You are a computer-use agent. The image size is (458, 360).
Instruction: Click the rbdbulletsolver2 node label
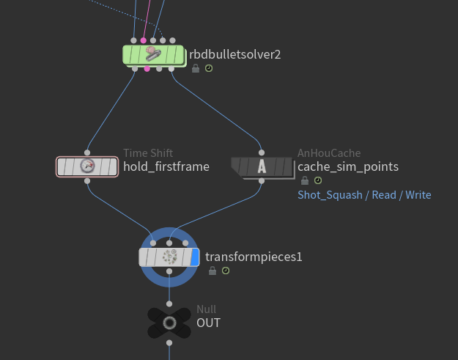click(235, 54)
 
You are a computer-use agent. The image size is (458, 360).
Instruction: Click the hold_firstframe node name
click(166, 166)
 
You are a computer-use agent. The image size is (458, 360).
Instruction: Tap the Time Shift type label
click(148, 153)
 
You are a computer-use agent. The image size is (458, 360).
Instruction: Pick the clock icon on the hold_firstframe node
click(88, 166)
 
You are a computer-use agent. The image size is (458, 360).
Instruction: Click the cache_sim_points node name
click(348, 166)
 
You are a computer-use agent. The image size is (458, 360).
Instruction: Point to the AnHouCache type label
click(329, 153)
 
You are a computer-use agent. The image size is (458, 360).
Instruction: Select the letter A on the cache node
click(262, 166)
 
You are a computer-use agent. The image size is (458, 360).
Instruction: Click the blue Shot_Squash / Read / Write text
click(364, 195)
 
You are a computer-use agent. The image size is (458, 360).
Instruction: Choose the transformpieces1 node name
click(254, 257)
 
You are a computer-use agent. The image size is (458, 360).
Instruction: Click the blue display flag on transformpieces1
click(194, 257)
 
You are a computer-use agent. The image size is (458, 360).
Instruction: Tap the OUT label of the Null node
click(208, 323)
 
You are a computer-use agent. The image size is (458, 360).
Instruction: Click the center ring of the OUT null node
click(169, 323)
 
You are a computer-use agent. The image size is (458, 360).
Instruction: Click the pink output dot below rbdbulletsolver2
click(147, 69)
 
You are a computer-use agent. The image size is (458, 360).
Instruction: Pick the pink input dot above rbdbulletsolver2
click(143, 40)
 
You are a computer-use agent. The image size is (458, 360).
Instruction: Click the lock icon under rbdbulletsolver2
click(196, 68)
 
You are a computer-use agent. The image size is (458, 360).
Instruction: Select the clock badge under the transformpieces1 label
click(226, 271)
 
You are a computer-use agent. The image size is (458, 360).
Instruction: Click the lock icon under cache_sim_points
click(304, 180)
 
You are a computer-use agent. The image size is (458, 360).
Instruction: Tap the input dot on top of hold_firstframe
click(88, 152)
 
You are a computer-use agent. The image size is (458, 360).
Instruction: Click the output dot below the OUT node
click(169, 342)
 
